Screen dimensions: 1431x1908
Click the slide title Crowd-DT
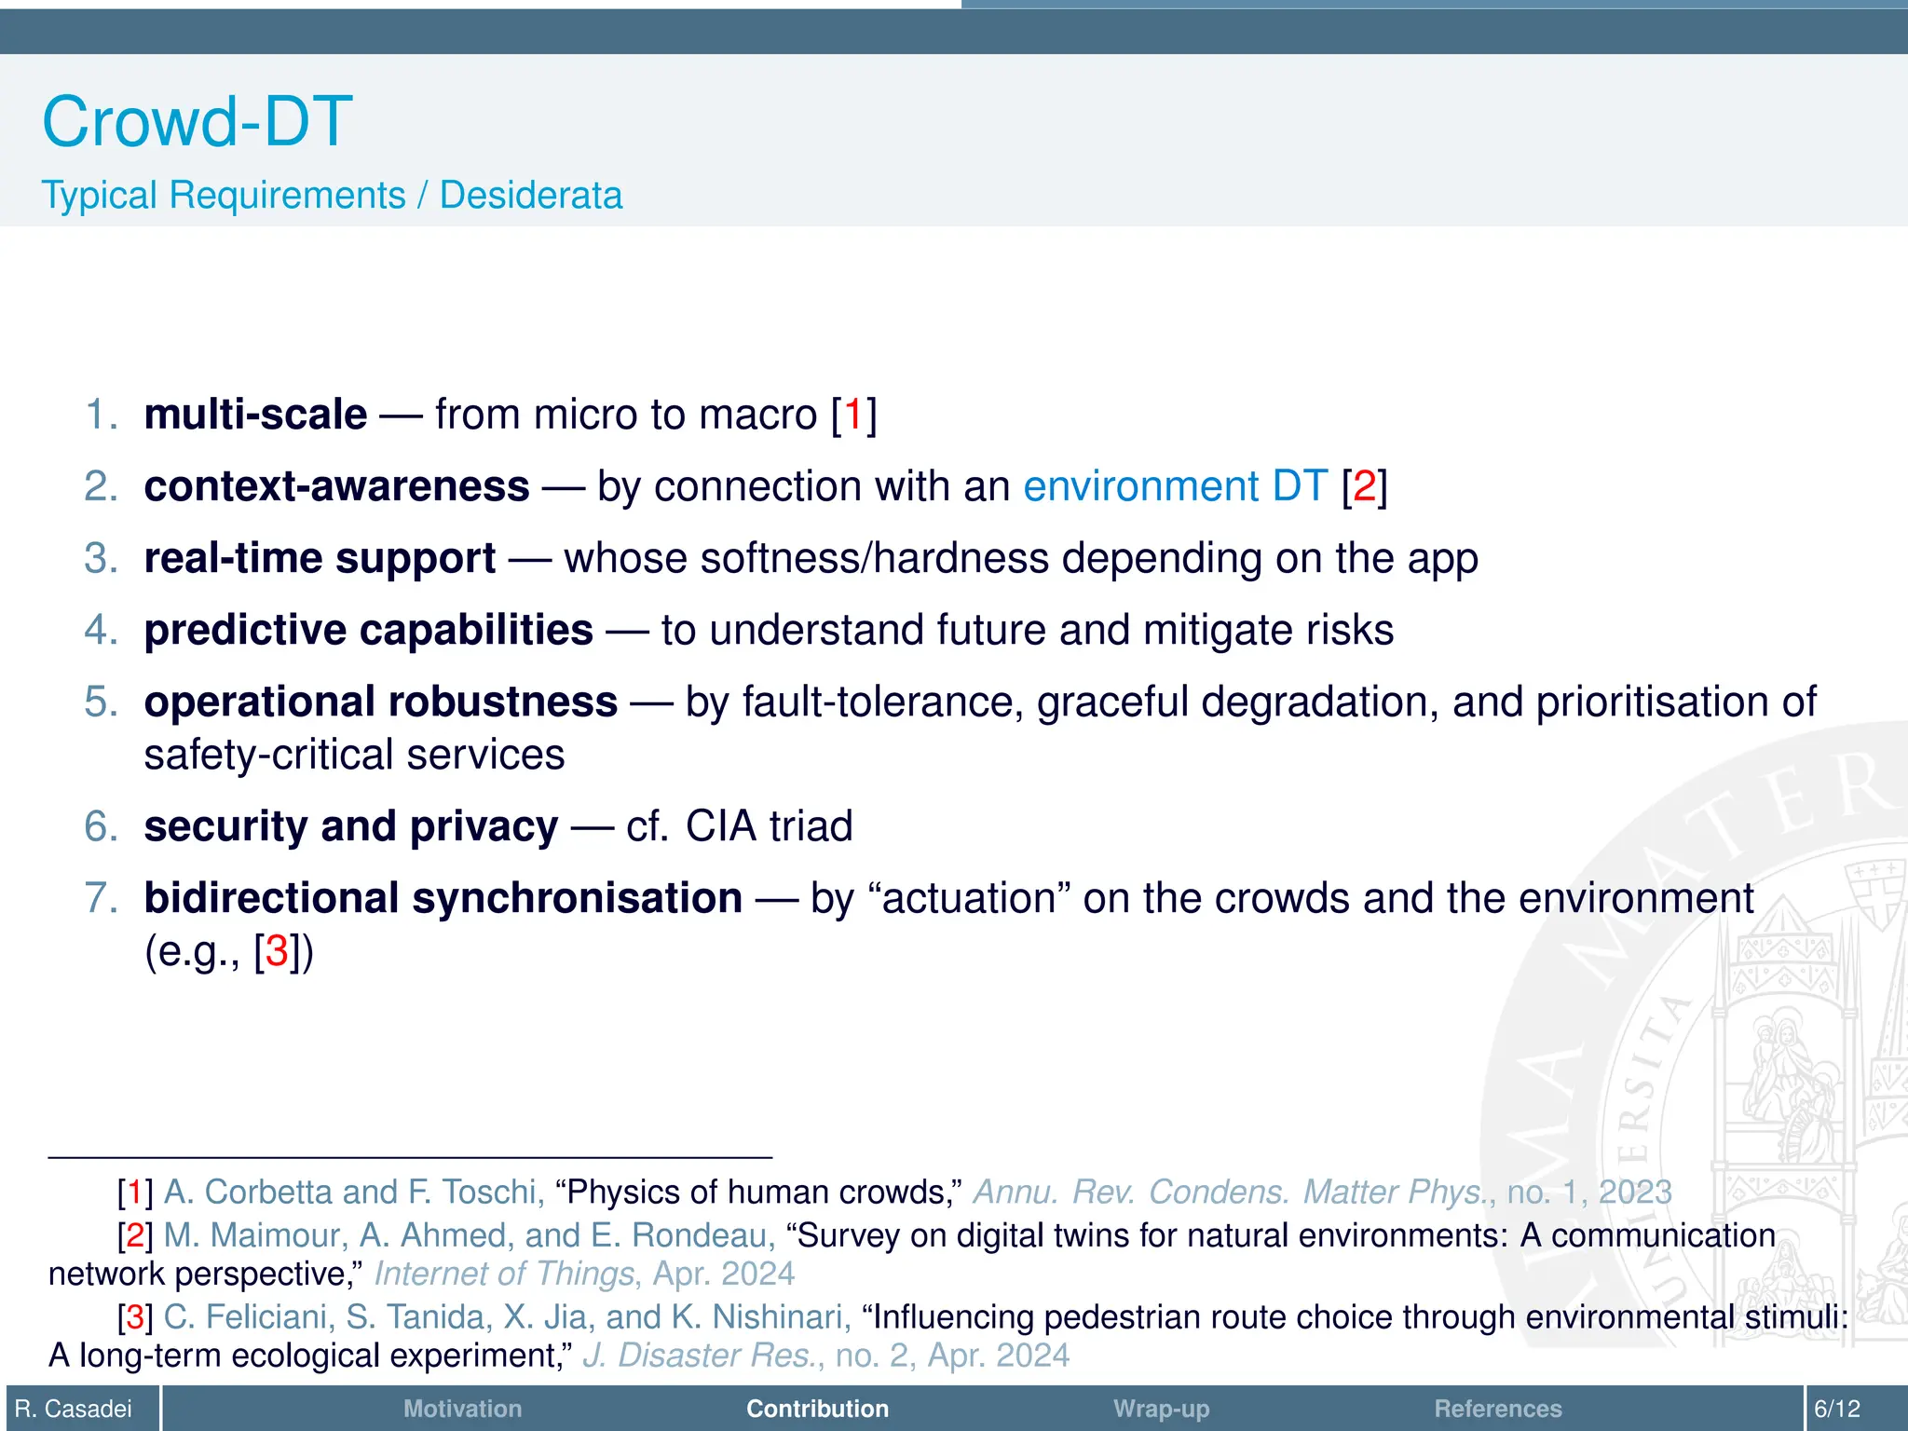[x=197, y=121]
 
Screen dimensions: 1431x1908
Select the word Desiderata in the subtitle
[x=530, y=196]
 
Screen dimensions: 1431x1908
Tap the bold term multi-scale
[x=255, y=415]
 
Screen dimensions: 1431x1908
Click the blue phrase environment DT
[x=1175, y=486]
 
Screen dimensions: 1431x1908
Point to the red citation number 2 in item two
[x=1364, y=486]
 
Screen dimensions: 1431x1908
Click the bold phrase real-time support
[x=320, y=558]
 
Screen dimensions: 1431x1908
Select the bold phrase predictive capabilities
[x=368, y=630]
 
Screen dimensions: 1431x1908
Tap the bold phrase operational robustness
[x=380, y=702]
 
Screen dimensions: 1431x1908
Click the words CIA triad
[x=769, y=826]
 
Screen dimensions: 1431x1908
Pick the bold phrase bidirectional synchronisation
[x=443, y=898]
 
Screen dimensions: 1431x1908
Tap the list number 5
[x=100, y=702]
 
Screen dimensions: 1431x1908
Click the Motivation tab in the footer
[x=462, y=1409]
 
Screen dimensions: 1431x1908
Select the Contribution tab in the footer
[x=817, y=1409]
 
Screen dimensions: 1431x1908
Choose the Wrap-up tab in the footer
[x=1161, y=1409]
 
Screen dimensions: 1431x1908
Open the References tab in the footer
[x=1497, y=1409]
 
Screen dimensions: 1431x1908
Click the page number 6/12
[x=1836, y=1409]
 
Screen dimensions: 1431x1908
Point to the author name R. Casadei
[x=74, y=1409]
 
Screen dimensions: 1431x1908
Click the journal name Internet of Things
[x=503, y=1274]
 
